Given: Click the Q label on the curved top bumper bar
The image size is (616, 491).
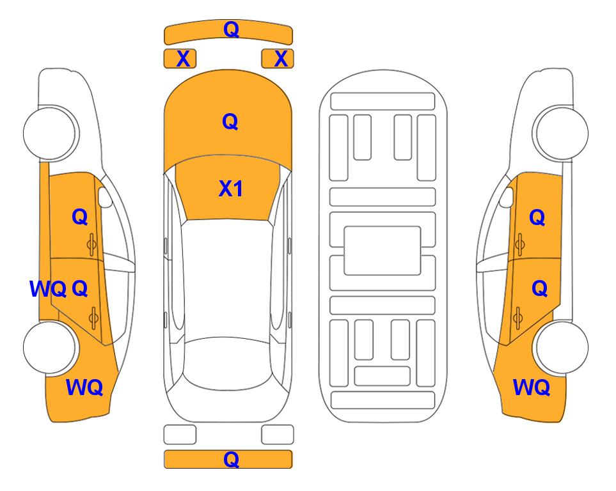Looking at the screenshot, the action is (231, 29).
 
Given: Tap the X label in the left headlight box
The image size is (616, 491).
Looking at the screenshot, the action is (183, 59).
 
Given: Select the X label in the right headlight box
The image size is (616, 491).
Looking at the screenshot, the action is (281, 59).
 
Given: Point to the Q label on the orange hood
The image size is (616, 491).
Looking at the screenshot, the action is (230, 121).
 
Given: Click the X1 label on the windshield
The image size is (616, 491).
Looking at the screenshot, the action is (231, 189).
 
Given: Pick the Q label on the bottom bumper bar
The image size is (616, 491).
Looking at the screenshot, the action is (231, 459).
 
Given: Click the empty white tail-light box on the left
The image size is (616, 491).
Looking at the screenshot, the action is (180, 435).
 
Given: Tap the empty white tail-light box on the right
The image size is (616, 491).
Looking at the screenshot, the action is (278, 435).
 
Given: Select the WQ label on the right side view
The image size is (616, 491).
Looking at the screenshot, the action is (532, 387).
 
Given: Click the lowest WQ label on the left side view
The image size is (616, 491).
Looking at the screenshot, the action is (84, 387).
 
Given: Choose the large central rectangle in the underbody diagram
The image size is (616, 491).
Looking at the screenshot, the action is (383, 251).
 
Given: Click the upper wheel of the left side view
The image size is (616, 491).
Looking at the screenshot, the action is (51, 132).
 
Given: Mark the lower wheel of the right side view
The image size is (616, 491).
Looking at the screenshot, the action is (561, 347).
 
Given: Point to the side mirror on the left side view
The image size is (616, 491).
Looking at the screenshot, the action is (104, 197).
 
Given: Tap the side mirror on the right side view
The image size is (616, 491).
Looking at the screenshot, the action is (507, 197).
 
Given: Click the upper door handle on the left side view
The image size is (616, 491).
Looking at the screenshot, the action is (91, 245).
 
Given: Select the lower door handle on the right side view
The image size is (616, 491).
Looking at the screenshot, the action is (517, 318).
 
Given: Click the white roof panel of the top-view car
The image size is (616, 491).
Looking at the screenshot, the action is (227, 279).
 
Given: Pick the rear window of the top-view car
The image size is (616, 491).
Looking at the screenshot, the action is (228, 364).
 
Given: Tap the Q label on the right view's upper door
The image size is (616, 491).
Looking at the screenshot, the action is (537, 217).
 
